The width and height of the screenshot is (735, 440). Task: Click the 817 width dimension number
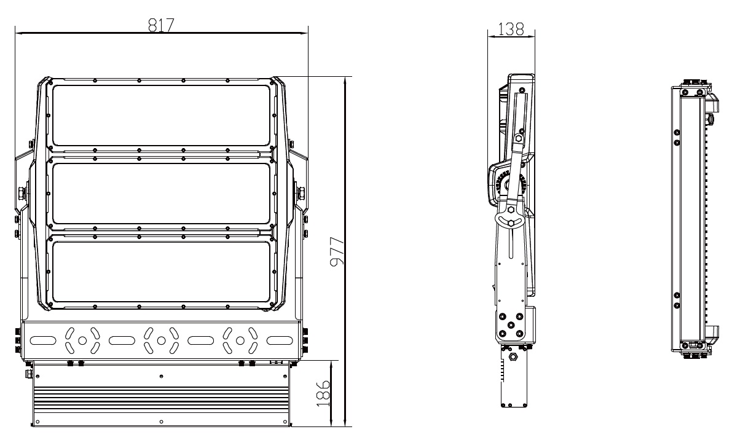[161, 25]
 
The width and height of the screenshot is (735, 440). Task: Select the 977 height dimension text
[337, 251]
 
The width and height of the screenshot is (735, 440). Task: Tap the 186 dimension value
[323, 393]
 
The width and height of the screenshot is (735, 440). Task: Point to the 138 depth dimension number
[511, 29]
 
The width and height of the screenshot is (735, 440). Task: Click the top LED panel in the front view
[161, 116]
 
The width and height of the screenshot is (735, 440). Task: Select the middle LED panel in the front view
[161, 193]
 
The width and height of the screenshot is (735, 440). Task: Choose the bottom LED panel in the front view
[161, 272]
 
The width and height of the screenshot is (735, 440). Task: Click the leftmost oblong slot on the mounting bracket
[43, 340]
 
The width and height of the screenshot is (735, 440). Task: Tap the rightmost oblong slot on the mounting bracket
[280, 340]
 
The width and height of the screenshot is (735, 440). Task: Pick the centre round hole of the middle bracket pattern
[161, 340]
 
